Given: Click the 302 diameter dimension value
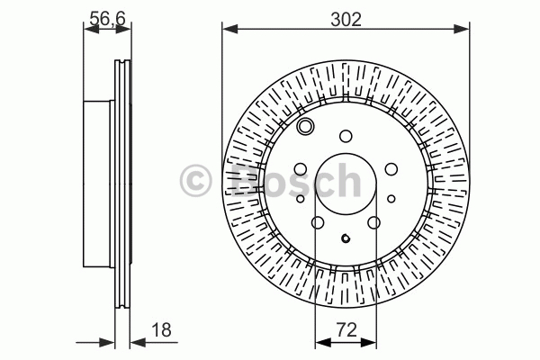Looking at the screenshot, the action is (x=346, y=19).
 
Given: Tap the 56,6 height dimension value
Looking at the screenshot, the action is (x=107, y=19).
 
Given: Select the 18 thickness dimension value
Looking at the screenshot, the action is (x=161, y=329).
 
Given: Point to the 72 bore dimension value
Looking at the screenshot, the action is (x=346, y=330).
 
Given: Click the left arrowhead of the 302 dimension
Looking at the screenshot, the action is (x=230, y=30).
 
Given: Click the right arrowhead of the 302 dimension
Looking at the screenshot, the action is (x=462, y=30).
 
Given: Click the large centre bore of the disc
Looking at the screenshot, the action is (x=346, y=184).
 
